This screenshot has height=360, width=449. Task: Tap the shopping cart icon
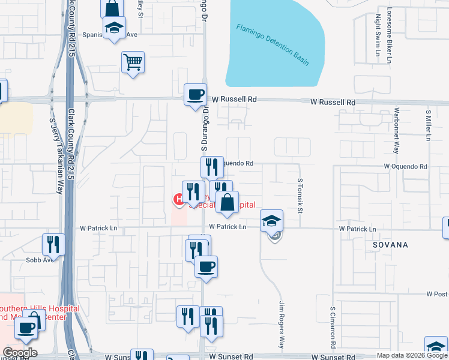pos(133,62)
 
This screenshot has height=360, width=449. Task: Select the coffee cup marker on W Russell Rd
pos(195,95)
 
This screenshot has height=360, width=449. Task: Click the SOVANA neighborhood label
pos(390,245)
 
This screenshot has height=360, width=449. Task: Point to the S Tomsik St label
pos(300,193)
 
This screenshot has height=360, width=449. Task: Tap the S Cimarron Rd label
pos(331,328)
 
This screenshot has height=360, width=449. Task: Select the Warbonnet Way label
pos(396,131)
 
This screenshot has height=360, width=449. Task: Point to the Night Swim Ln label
pos(378,35)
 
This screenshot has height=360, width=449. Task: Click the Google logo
pos(20,353)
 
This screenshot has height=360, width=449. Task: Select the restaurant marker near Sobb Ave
pos(53,245)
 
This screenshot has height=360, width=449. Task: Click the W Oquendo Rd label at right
pos(405,166)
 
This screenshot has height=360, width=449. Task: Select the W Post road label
pos(437,294)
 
